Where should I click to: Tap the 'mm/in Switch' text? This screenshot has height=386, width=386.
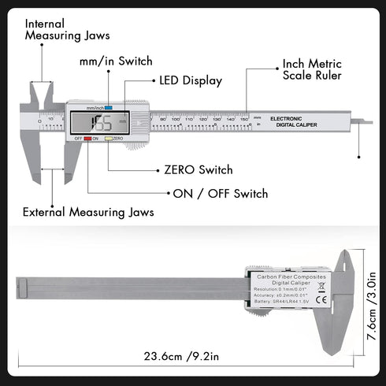116,61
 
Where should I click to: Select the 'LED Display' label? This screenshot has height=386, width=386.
191,80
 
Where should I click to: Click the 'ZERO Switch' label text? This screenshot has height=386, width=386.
198,169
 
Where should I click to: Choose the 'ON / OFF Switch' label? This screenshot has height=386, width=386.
220,193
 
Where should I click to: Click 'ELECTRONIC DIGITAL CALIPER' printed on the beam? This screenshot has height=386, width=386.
291,121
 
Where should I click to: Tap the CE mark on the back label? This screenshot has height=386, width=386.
321,299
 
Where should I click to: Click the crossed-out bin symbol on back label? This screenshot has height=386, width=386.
321,285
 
